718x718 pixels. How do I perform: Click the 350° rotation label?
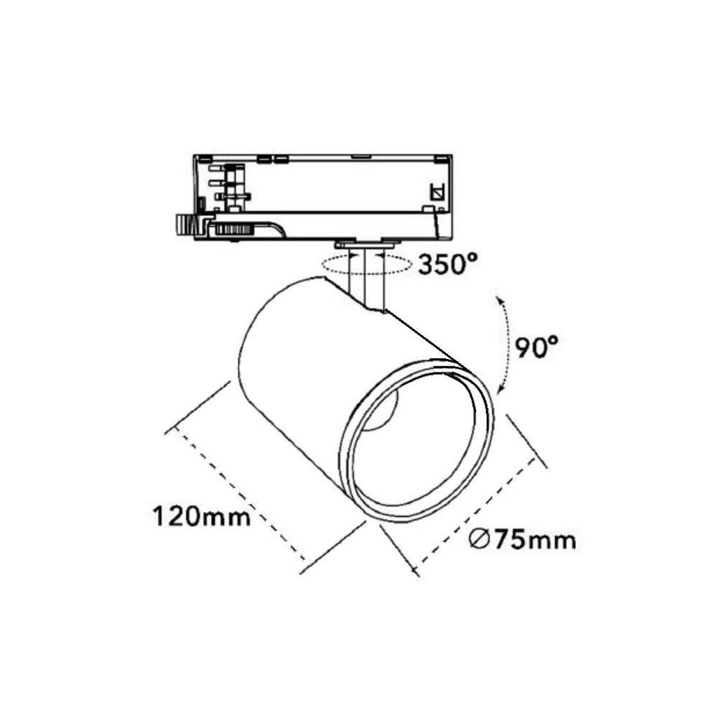pyautogui.click(x=448, y=264)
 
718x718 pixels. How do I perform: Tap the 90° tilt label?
pyautogui.click(x=536, y=347)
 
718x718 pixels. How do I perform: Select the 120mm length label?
pyautogui.click(x=202, y=516)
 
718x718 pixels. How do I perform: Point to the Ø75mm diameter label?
pyautogui.click(x=523, y=541)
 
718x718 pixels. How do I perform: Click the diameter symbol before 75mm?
pyautogui.click(x=480, y=541)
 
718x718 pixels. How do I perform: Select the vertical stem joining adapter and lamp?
pyautogui.click(x=365, y=279)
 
